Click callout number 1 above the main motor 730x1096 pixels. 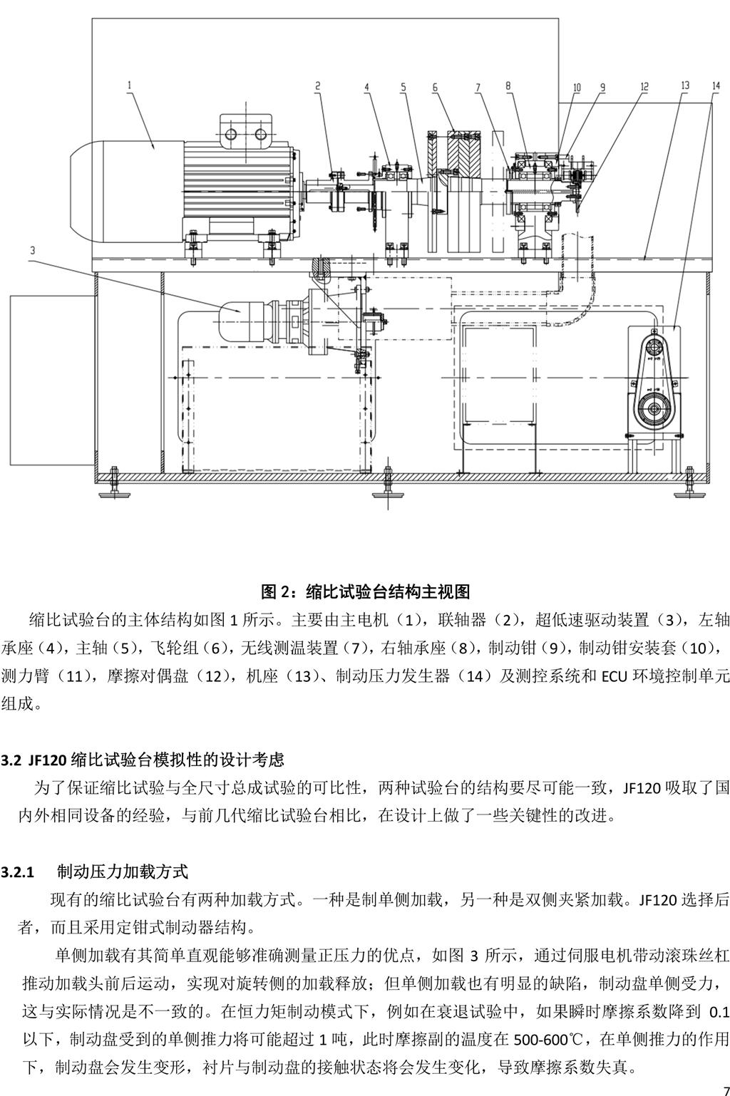[x=130, y=85]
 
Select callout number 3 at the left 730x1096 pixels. [x=33, y=250]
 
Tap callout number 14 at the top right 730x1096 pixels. [x=715, y=86]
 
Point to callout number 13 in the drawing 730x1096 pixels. [x=684, y=86]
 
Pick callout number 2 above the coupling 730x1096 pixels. [x=318, y=86]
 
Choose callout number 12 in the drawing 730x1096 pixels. [x=644, y=87]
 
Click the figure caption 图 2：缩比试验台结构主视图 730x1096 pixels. [x=365, y=591]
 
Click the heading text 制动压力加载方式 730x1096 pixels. [x=122, y=872]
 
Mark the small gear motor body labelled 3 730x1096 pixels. [x=242, y=312]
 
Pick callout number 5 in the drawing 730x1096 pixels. [x=403, y=87]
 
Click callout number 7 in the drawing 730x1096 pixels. [x=477, y=87]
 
